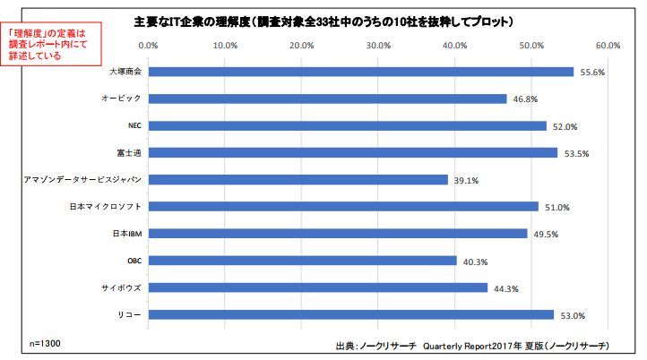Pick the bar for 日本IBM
337,233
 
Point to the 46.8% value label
525,99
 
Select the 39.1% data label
466,180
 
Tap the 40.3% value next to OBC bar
475,261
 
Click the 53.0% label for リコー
572,315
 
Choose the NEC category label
135,125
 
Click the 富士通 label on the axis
132,152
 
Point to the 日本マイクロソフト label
107,206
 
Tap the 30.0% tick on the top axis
379,44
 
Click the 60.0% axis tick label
608,44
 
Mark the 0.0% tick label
150,44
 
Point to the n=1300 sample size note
44,343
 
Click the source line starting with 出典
471,345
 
